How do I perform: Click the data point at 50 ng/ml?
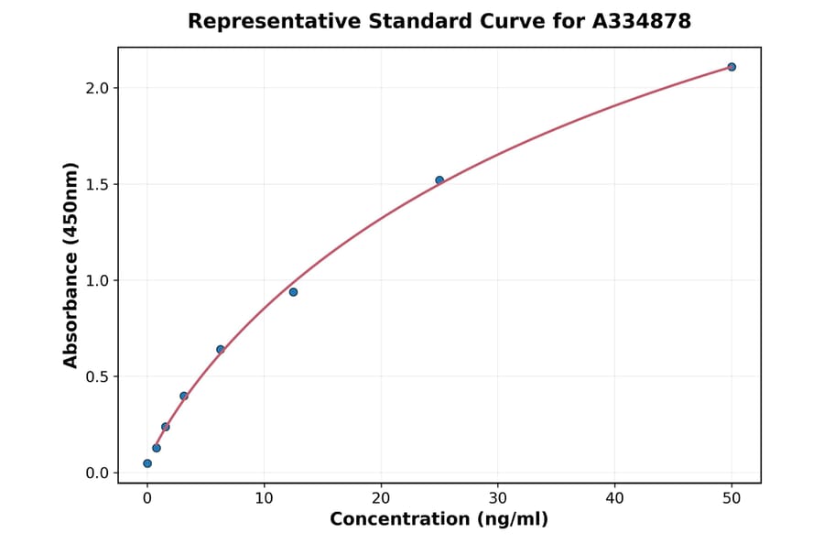[732, 67]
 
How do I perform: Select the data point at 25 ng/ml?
[439, 180]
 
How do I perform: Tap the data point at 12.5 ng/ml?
[293, 292]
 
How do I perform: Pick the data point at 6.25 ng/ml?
[220, 349]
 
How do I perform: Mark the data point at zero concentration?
[147, 463]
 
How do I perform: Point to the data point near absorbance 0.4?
[184, 396]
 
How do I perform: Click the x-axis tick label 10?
[264, 498]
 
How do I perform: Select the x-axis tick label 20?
[381, 498]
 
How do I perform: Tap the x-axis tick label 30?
[498, 498]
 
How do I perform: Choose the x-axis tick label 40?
[614, 498]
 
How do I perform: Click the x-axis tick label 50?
[732, 498]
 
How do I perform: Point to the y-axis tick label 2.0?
[98, 88]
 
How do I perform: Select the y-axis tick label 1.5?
[98, 184]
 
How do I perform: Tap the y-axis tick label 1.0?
[98, 280]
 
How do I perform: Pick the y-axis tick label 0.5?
[98, 376]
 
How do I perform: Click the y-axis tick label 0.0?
[98, 473]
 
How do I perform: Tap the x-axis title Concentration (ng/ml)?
[439, 520]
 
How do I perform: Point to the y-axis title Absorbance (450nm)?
[71, 265]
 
